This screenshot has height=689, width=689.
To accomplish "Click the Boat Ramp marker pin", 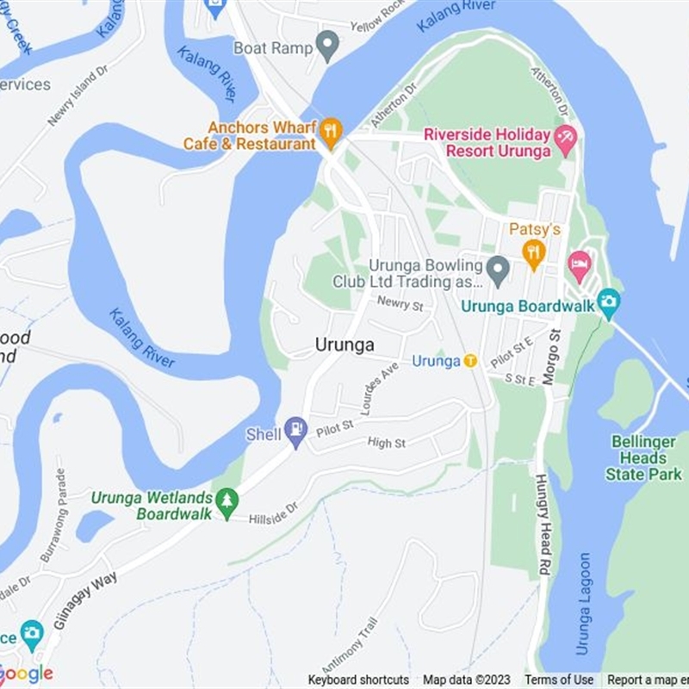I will coord(327,46).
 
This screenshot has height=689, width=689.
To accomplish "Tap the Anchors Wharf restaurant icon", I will coord(331,132).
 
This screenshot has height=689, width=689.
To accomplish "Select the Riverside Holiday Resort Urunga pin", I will coord(565,139).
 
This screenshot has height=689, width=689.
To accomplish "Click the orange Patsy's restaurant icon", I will coord(534,252).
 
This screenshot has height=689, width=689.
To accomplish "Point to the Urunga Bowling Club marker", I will coord(498,270).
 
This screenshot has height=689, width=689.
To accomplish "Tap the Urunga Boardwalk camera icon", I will coord(609,301).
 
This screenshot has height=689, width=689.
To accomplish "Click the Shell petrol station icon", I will coord(296,431).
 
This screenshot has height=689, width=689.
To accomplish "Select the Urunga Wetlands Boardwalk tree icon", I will coord(227,502).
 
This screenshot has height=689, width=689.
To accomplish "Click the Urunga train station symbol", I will coord(470,361).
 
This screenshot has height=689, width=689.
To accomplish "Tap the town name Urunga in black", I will coord(344,344).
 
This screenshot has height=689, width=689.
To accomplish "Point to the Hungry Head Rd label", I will coord(543,525).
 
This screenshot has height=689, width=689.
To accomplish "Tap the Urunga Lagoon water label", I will coord(585,604).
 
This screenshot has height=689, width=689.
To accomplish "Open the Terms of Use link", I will coord(559,680).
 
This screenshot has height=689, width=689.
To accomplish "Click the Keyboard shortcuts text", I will coord(358,680).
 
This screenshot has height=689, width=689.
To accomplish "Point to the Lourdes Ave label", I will coord(380,388).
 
